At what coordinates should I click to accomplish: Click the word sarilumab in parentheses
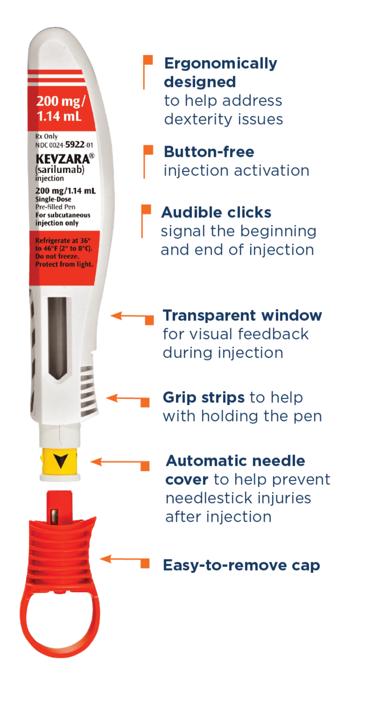(x=60, y=169)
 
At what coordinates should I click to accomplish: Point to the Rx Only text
(x=47, y=137)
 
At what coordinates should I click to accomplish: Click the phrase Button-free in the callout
(x=209, y=152)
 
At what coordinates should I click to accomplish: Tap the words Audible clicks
(x=216, y=212)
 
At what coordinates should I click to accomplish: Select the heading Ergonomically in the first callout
(x=221, y=63)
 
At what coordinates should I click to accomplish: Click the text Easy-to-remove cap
(x=241, y=565)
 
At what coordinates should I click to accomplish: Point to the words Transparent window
(x=243, y=315)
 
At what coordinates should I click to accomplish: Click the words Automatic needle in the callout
(x=236, y=461)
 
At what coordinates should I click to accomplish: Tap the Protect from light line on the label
(x=64, y=264)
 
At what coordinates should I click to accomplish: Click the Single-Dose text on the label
(x=53, y=199)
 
